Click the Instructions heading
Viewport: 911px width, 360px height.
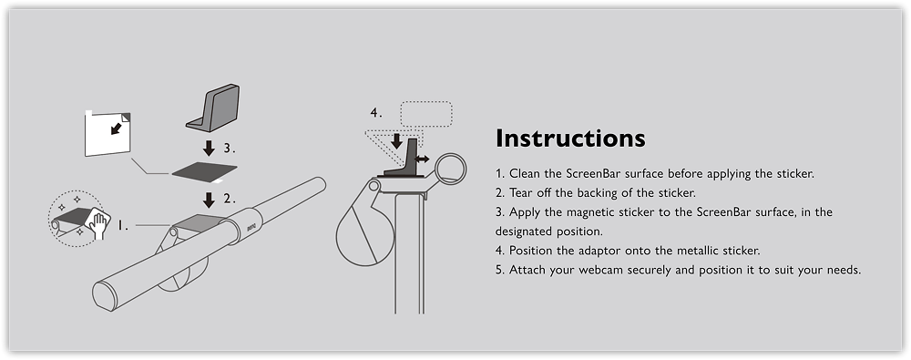pyautogui.click(x=570, y=139)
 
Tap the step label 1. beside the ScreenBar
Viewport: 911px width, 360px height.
pyautogui.click(x=123, y=225)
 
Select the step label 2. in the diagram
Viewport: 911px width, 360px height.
pyautogui.click(x=230, y=199)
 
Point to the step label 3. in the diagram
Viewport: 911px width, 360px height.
pyautogui.click(x=230, y=149)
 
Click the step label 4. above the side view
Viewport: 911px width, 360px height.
pyautogui.click(x=376, y=113)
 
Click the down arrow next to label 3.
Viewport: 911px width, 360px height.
pyautogui.click(x=210, y=149)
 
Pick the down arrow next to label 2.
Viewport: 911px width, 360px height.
pyautogui.click(x=210, y=200)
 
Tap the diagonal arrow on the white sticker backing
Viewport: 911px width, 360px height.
pyautogui.click(x=117, y=128)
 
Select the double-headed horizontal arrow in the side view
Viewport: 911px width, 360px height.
pyautogui.click(x=423, y=159)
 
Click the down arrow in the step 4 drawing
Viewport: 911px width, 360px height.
pyautogui.click(x=396, y=141)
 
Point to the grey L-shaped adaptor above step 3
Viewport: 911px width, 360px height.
pyautogui.click(x=213, y=108)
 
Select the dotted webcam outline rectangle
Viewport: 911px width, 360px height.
pyautogui.click(x=425, y=114)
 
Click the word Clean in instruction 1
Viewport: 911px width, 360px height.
pyautogui.click(x=524, y=173)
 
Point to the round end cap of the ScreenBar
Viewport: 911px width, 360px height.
pyautogui.click(x=105, y=296)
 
